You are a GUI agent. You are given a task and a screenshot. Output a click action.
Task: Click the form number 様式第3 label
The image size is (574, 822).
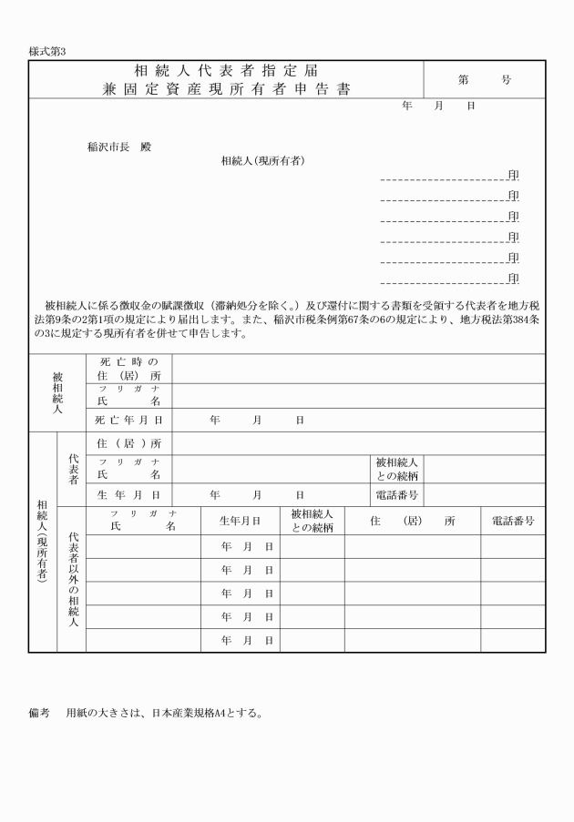(x=48, y=52)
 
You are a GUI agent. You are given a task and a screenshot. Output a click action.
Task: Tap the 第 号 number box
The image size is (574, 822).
(x=485, y=80)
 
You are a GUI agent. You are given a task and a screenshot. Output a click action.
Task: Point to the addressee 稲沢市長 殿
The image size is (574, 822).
(x=118, y=147)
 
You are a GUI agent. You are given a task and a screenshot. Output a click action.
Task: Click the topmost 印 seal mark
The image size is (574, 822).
(x=513, y=176)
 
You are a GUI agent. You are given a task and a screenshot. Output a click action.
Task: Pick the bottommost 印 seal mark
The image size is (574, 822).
(x=513, y=279)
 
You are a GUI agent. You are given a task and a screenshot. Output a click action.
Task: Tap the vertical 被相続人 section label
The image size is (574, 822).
(x=57, y=393)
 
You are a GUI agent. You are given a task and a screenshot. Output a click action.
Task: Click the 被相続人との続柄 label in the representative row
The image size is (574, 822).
(x=396, y=469)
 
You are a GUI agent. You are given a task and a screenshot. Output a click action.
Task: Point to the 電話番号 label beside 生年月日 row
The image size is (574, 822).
(x=396, y=495)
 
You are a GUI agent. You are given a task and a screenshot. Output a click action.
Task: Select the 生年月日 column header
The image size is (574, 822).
(x=240, y=522)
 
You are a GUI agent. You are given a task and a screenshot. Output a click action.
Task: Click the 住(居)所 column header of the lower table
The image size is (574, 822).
(x=412, y=522)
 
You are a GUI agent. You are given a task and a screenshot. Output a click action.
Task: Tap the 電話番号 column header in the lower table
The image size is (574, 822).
(x=512, y=522)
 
